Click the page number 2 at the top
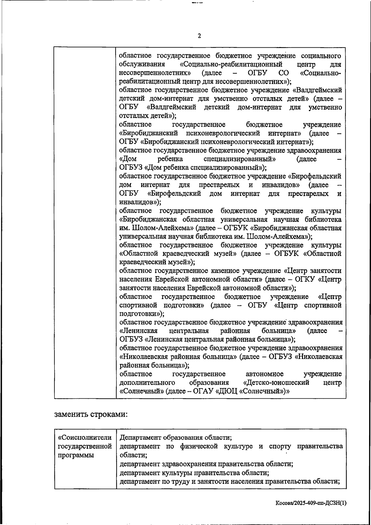(199, 36)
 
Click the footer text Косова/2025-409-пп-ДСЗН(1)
(311, 503)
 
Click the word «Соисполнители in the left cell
(85, 438)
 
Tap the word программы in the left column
(76, 455)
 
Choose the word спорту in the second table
(280, 446)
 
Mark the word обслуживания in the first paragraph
(142, 64)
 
